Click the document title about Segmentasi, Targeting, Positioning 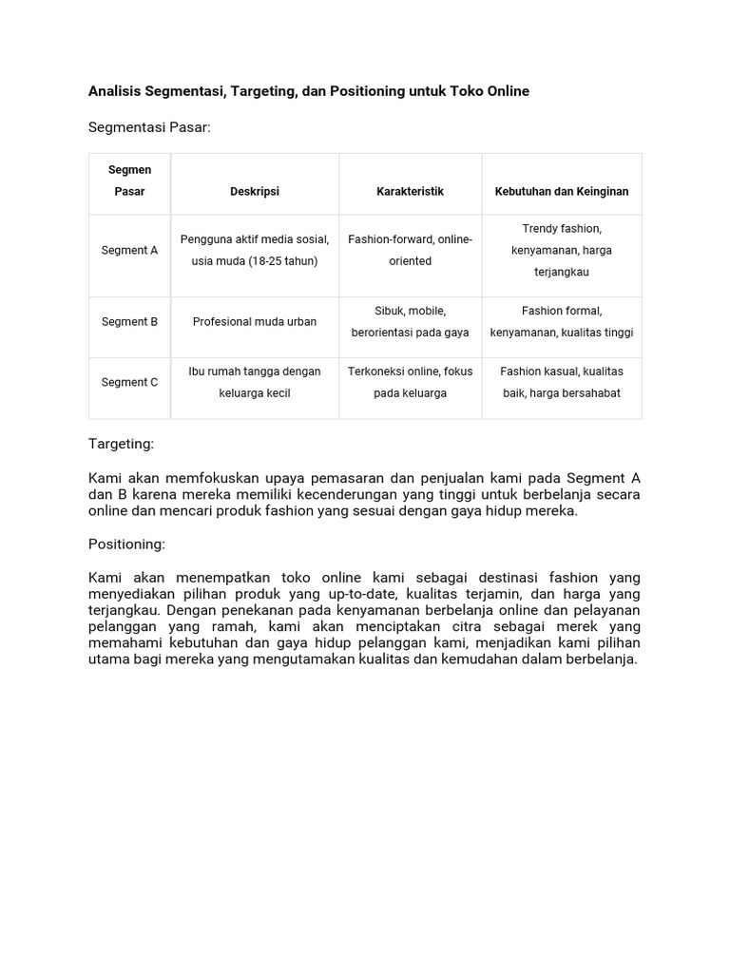309,91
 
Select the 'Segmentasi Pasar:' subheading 148,126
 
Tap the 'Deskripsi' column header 255,191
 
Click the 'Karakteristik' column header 410,191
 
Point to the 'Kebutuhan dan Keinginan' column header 562,191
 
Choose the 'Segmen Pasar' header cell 130,181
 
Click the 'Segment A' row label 130,251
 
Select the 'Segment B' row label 130,322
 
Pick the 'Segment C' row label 130,382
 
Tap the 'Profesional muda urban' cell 255,322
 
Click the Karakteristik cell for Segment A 410,250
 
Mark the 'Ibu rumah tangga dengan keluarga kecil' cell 255,382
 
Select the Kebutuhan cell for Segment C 562,382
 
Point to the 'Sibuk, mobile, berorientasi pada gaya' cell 410,322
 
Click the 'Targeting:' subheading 121,444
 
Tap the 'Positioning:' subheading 126,544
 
